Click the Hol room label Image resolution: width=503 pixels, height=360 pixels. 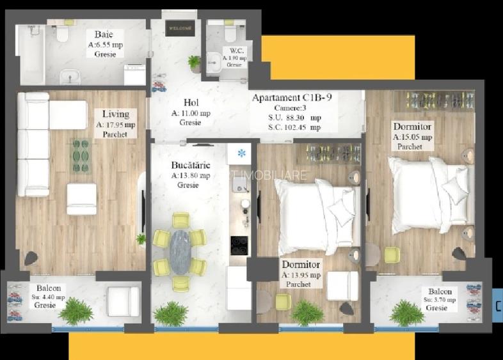(191, 102)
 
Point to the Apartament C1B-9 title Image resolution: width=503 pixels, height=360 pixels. (292, 98)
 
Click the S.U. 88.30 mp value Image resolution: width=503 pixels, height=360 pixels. (295, 118)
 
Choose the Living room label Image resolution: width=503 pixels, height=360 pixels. (116, 114)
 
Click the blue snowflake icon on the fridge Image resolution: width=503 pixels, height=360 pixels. (242, 153)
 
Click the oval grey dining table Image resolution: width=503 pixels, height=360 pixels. (181, 251)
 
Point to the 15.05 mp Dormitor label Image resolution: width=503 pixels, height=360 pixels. (413, 127)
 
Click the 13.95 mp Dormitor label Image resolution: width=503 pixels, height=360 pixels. (301, 265)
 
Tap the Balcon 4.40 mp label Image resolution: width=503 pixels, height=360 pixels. (49, 288)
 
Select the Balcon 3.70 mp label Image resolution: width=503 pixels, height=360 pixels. (441, 292)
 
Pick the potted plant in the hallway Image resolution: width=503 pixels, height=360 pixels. (194, 63)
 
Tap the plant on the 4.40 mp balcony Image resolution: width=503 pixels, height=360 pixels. (76, 311)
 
